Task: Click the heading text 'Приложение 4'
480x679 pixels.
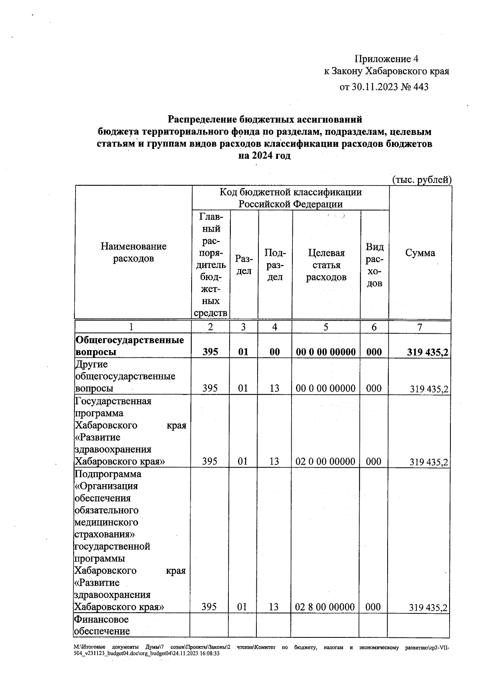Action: [x=386, y=59]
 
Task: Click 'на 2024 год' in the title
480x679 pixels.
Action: [x=264, y=156]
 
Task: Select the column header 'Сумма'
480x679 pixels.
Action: [x=420, y=253]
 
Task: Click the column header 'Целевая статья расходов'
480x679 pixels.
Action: [x=326, y=265]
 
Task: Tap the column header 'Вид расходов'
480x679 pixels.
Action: [x=374, y=265]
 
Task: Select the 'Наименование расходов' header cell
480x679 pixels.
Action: [x=133, y=252]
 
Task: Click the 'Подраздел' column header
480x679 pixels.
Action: [x=275, y=265]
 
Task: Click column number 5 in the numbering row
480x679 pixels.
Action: [x=326, y=327]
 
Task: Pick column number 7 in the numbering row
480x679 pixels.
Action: [x=420, y=327]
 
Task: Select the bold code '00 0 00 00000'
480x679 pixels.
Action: [x=326, y=352]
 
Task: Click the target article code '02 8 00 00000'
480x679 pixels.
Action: [x=325, y=607]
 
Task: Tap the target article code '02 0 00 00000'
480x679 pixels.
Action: [x=325, y=462]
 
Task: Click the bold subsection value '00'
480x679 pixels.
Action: [x=274, y=352]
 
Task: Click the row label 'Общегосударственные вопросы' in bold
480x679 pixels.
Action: [x=130, y=346]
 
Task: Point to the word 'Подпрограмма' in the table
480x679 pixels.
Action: [x=108, y=474]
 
